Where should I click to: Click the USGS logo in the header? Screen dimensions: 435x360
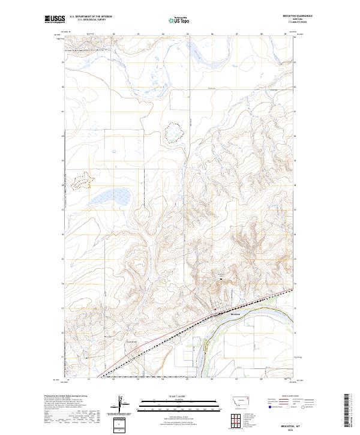[55, 20]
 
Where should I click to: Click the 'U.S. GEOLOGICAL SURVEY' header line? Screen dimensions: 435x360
[91, 20]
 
